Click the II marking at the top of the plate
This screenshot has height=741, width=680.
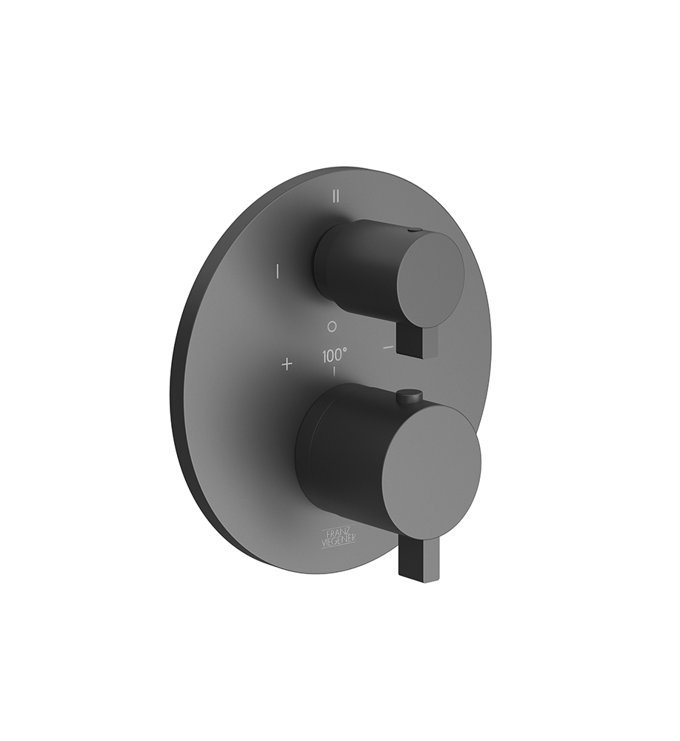(x=336, y=196)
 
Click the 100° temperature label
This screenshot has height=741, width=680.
(x=333, y=356)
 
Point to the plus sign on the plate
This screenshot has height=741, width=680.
(x=287, y=364)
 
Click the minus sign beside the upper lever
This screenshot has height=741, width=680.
(x=388, y=347)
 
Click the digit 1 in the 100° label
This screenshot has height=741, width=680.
(x=324, y=356)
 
